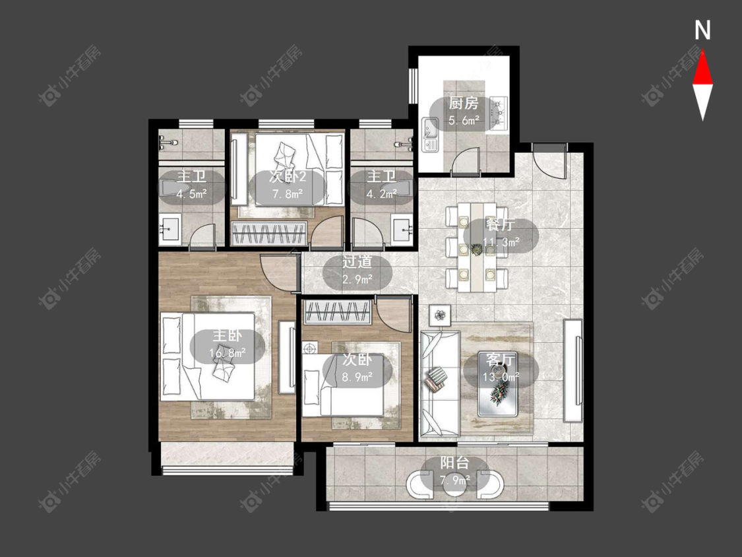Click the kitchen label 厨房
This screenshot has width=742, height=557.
[463, 103]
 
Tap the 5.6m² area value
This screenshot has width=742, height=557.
[463, 120]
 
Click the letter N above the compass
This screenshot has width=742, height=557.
[702, 30]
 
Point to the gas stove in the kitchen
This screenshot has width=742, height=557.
[499, 113]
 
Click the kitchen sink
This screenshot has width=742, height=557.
[431, 135]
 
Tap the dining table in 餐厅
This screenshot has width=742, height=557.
[477, 247]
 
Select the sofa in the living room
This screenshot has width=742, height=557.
[440, 383]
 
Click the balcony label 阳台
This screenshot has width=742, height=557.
[454, 463]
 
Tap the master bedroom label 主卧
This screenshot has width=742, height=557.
[227, 336]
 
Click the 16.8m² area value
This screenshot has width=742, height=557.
[227, 353]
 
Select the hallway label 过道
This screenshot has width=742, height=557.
[357, 262]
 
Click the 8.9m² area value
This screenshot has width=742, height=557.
[357, 377]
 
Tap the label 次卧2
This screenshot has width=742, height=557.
[288, 177]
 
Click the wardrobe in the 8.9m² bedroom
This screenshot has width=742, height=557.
[337, 312]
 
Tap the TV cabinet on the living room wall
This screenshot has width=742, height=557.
[572, 370]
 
